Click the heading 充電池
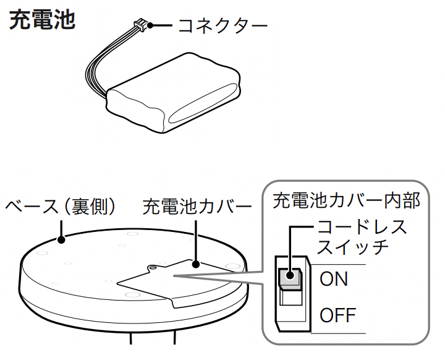tap(41, 20)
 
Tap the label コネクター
tap(222, 26)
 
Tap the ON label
tap(334, 279)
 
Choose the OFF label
tap(338, 315)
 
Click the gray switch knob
tap(289, 279)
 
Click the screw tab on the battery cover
tap(152, 267)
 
